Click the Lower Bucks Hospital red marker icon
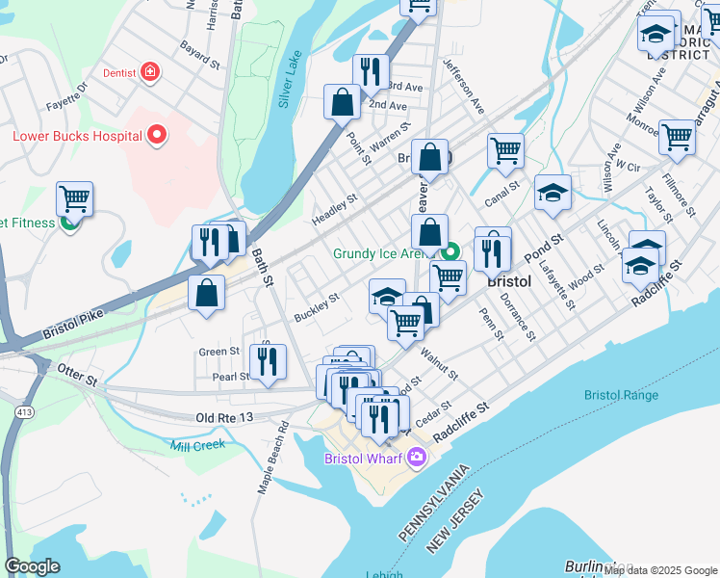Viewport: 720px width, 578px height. coord(157,136)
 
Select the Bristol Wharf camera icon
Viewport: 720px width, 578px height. coord(417,458)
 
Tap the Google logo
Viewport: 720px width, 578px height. coord(33,565)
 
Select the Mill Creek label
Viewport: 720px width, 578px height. coord(195,444)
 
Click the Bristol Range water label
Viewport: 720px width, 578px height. coord(621,395)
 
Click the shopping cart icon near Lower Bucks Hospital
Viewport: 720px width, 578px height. coord(74,199)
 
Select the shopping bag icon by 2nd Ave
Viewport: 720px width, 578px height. coord(343,102)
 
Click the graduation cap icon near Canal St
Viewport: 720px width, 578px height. coord(553,193)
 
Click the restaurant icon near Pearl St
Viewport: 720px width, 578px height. coord(269,361)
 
